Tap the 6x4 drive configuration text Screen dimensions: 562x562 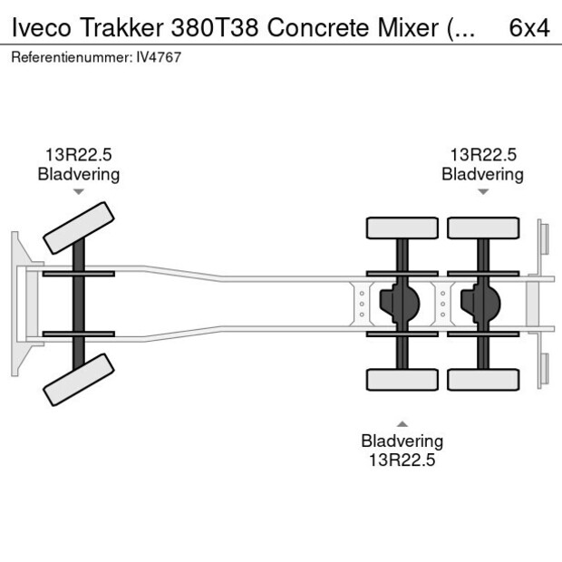529,27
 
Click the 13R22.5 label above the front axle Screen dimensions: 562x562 79,155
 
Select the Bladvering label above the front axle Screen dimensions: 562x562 79,174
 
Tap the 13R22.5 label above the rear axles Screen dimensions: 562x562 483,155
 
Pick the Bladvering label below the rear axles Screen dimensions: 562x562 402,441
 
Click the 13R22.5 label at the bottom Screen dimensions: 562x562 402,460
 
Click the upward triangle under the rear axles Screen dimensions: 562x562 402,423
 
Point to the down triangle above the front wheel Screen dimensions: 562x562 79,192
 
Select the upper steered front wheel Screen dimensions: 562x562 80,228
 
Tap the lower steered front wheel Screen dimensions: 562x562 80,379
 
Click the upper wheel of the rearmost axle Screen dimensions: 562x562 483,228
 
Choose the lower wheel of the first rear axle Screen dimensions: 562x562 402,380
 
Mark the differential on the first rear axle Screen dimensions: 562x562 399,304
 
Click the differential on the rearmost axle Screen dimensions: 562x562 480,304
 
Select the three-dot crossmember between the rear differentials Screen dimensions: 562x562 442,304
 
